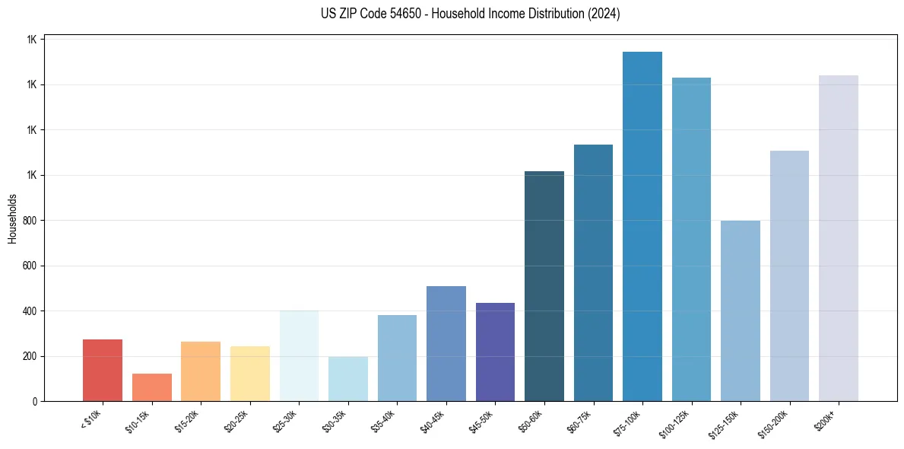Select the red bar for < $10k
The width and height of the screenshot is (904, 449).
click(x=103, y=371)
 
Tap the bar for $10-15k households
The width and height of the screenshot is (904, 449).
click(x=152, y=387)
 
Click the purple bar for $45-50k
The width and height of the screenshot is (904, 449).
click(x=495, y=352)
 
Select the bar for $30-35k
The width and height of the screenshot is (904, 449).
click(x=348, y=379)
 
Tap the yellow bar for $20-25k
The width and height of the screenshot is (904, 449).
click(x=250, y=374)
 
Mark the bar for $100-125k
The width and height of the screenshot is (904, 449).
click(x=691, y=240)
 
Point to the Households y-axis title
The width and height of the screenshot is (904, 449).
click(x=12, y=218)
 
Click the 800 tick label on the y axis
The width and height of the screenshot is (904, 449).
click(x=30, y=221)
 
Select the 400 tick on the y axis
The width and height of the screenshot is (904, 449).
click(x=30, y=311)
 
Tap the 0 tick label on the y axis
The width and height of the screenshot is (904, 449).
click(x=35, y=402)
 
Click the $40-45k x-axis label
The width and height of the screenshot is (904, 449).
click(x=432, y=420)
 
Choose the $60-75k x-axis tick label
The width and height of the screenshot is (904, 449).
click(x=579, y=420)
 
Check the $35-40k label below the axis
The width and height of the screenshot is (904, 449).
click(x=382, y=420)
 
